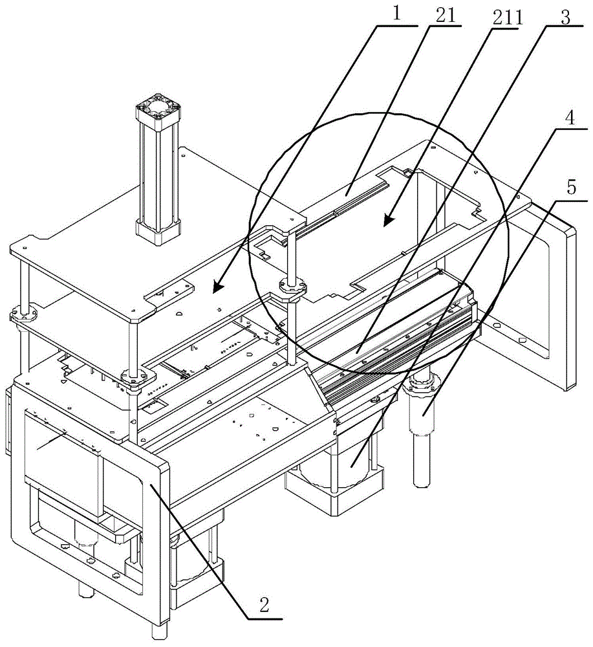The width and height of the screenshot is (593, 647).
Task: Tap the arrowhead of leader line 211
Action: tap(384, 225)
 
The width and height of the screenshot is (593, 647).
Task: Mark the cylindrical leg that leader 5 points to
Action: tap(422, 446)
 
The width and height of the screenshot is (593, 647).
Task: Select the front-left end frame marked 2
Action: tap(91, 492)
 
